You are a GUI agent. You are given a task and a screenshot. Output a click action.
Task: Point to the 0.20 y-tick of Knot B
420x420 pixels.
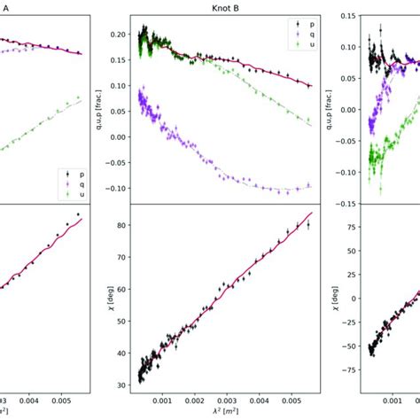(119, 34)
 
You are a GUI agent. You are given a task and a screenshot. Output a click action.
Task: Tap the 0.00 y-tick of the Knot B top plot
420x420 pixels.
(119, 137)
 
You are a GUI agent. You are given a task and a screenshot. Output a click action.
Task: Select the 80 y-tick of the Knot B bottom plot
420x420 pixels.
(122, 225)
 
